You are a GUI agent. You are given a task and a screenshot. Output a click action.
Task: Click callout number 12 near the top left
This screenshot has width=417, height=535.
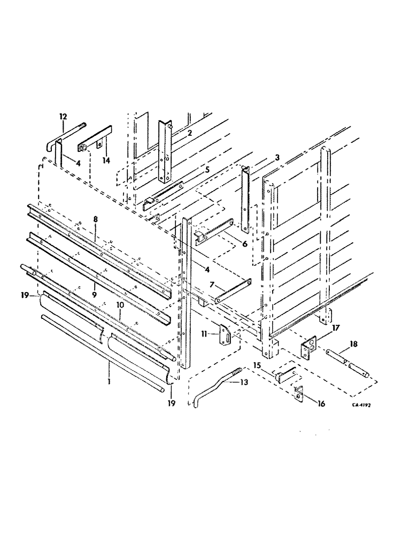coord(63,116)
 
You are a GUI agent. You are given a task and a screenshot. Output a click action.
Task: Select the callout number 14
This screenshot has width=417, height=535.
coord(106,159)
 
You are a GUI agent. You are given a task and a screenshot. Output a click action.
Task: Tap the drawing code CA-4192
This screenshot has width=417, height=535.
coord(361,405)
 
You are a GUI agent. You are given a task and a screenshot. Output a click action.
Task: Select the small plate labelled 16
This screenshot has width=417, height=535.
coord(298,394)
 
